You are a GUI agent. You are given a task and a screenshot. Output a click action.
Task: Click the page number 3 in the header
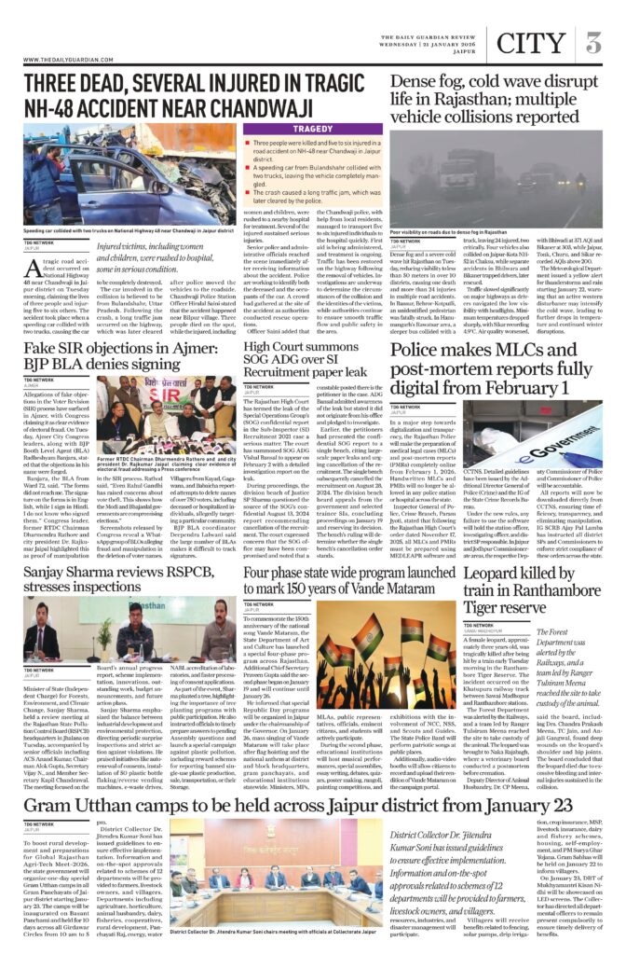(x=593, y=43)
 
